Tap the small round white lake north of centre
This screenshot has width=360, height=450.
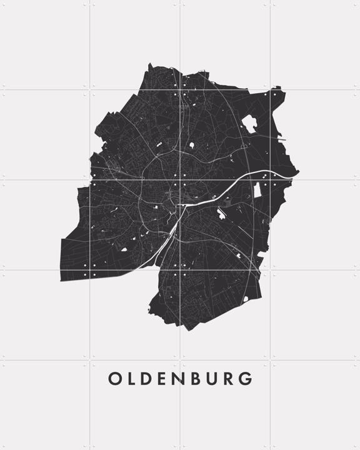191,144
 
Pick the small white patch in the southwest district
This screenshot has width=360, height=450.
123,249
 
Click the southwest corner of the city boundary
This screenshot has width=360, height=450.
61,279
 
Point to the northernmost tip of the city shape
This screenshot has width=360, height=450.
150,63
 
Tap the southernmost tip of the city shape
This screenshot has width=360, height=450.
188,329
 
